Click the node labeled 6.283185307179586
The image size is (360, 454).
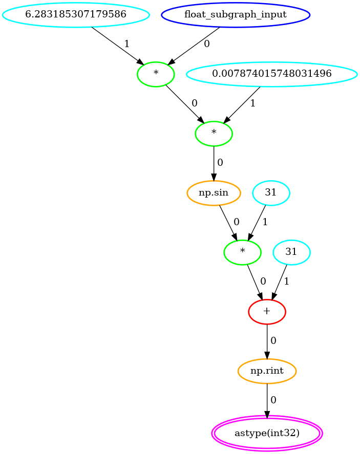(x=76, y=15)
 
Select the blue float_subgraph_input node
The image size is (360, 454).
(x=236, y=15)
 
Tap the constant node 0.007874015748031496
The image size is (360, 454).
(x=271, y=74)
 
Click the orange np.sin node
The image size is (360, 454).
(x=214, y=193)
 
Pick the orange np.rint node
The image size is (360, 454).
(x=267, y=371)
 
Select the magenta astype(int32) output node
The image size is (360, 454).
(x=267, y=433)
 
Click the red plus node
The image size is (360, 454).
(x=267, y=312)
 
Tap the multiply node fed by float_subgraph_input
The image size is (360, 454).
(x=156, y=74)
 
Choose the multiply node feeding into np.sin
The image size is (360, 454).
(x=214, y=134)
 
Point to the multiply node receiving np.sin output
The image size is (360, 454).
(x=242, y=252)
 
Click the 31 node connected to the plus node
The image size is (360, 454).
(x=291, y=252)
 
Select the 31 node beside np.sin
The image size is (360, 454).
(x=271, y=193)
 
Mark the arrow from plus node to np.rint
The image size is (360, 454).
(x=267, y=342)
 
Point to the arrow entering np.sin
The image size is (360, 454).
(x=214, y=163)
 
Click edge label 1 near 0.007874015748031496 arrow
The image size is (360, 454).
(x=252, y=103)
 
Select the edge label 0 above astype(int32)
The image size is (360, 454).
(x=273, y=400)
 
